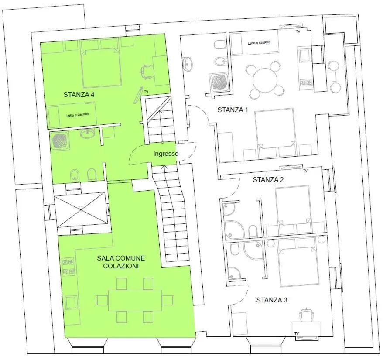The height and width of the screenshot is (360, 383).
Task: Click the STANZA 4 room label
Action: click(x=79, y=95)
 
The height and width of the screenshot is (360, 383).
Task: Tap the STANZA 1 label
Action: click(x=233, y=110)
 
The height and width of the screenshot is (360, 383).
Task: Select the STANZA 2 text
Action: click(x=268, y=180)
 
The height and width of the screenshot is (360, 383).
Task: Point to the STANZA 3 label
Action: click(x=272, y=300)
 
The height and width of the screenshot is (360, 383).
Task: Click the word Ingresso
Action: click(x=166, y=154)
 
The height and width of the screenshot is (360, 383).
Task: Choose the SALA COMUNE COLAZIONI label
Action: click(x=121, y=262)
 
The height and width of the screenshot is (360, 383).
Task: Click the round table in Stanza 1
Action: click(x=265, y=80)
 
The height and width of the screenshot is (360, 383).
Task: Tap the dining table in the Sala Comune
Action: click(x=135, y=300)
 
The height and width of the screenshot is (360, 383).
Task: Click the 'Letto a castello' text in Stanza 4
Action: click(x=78, y=115)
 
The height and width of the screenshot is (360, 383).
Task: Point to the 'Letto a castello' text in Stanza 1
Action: click(x=259, y=42)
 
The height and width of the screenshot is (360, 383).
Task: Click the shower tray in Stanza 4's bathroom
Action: click(x=60, y=141)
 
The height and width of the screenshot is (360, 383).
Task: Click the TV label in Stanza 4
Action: click(x=146, y=92)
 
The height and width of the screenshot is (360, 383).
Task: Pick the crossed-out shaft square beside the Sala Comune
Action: click(x=81, y=210)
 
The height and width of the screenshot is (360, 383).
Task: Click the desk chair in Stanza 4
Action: click(x=147, y=72)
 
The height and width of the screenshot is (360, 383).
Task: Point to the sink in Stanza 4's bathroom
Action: click(x=87, y=134)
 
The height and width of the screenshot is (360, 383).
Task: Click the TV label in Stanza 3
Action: click(x=297, y=333)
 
